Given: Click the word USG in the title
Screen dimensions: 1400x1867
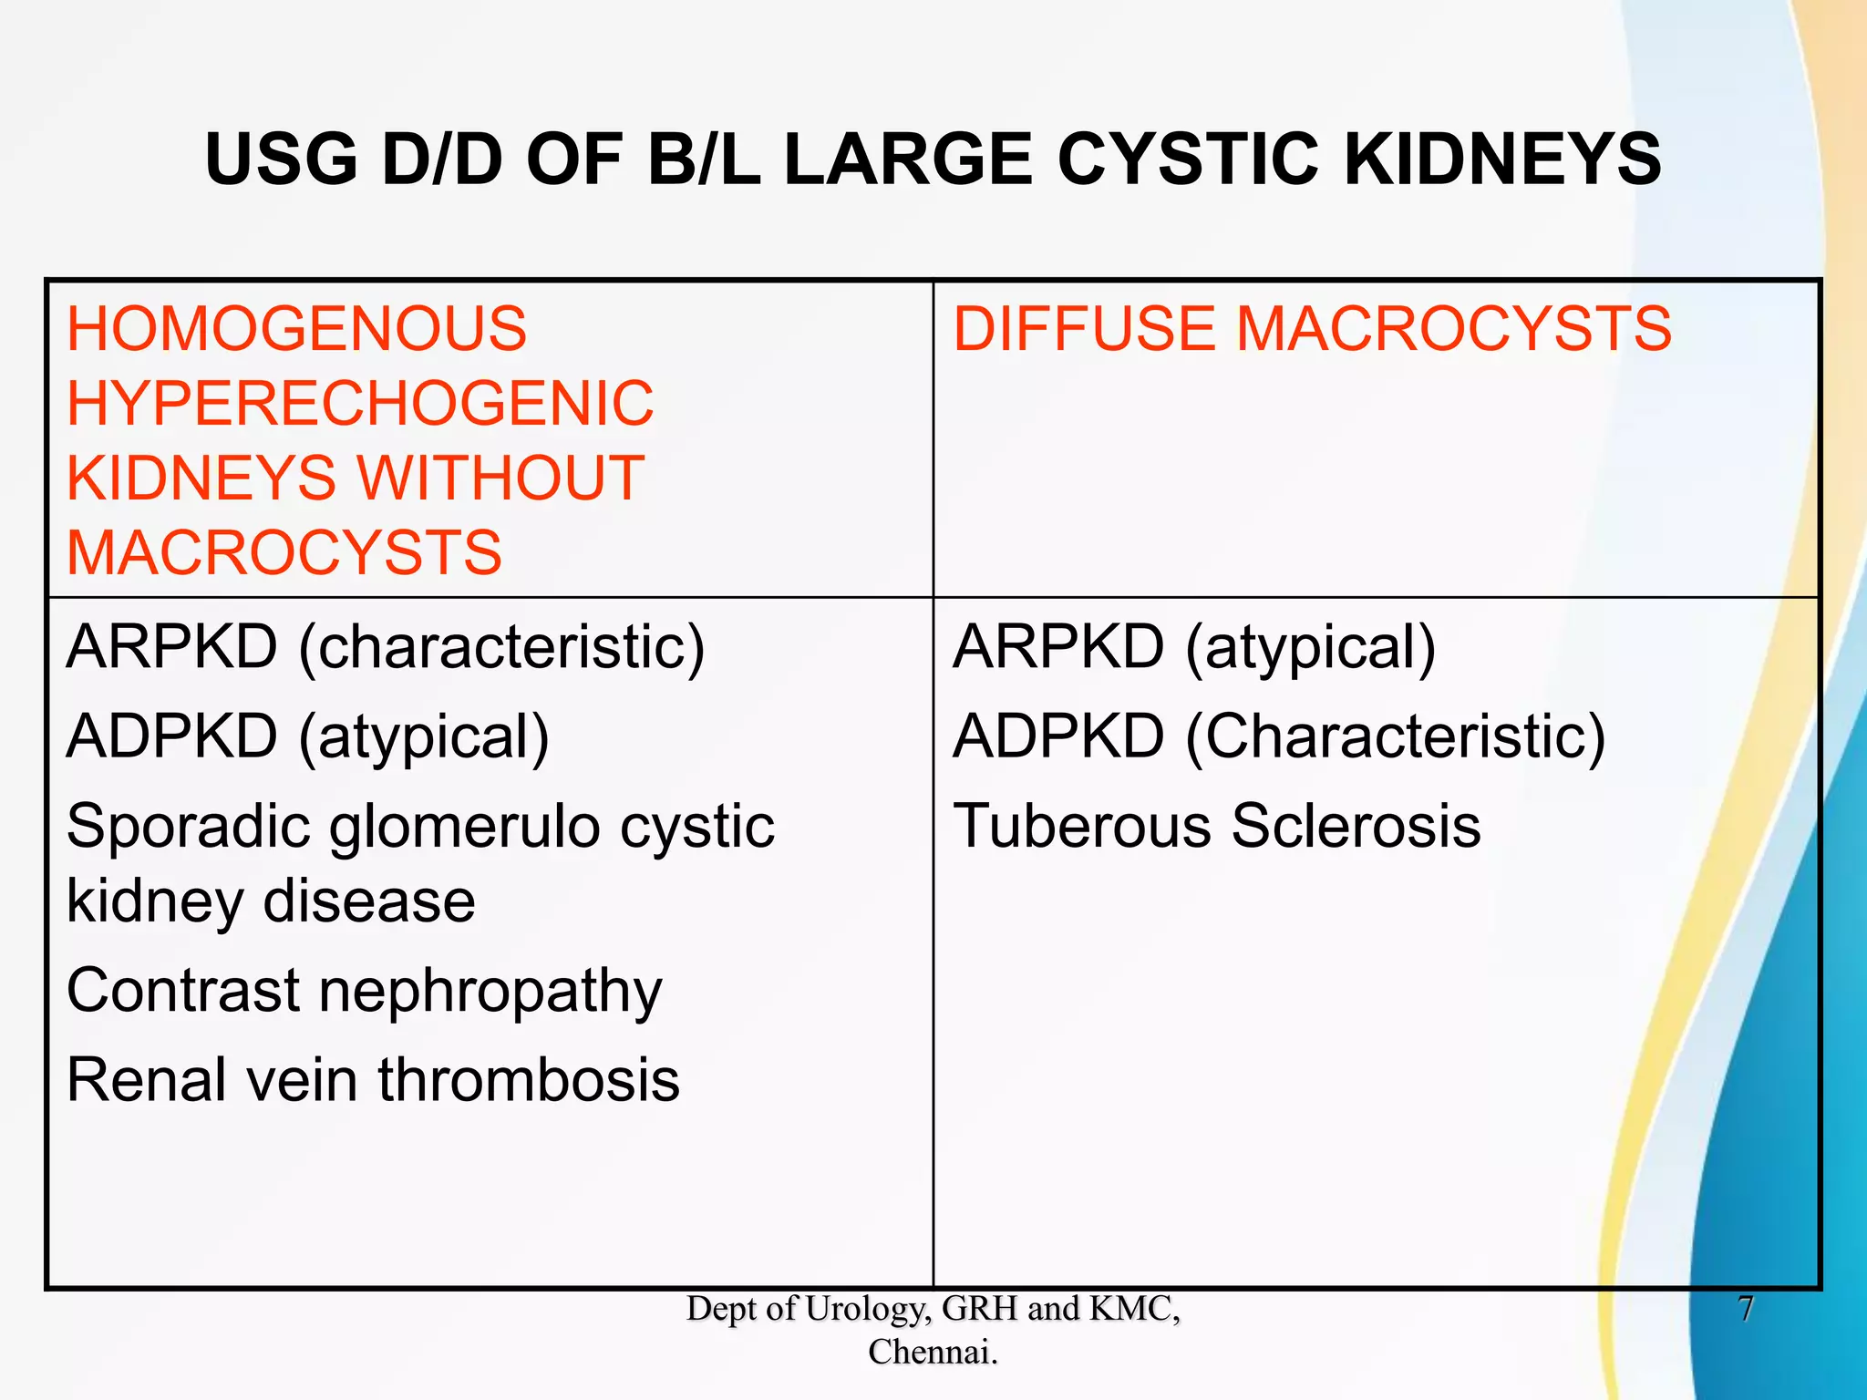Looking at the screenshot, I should point(281,160).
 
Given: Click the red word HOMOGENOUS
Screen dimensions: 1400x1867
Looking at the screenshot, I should point(296,329).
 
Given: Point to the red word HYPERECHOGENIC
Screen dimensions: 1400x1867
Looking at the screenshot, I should point(360,404).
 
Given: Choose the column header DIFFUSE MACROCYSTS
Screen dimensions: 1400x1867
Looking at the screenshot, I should point(1312,329).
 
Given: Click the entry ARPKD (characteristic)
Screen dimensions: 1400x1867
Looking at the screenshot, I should point(386,647).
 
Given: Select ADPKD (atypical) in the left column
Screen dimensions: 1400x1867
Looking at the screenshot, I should point(308,736).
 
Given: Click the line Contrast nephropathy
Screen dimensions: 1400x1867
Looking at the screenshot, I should point(364,991).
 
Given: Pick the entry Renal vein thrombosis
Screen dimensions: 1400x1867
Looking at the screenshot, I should point(373,1080).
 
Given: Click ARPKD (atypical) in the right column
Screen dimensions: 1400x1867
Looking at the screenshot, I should point(1194,647).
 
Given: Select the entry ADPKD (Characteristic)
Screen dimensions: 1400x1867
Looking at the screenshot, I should point(1278,736).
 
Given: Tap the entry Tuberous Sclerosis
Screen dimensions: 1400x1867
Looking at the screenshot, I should point(1217,827).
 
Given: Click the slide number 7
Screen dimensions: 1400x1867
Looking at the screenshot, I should point(1745,1309).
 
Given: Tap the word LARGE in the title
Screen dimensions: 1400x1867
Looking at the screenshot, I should point(908,160).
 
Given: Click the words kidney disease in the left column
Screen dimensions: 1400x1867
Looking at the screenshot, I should point(271,901).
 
